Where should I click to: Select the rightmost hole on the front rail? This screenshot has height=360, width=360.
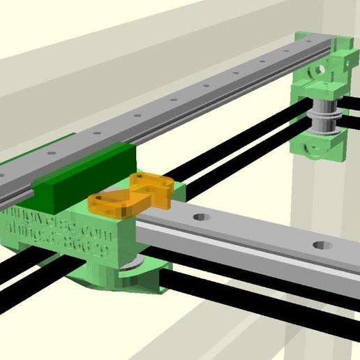tap(322, 246)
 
